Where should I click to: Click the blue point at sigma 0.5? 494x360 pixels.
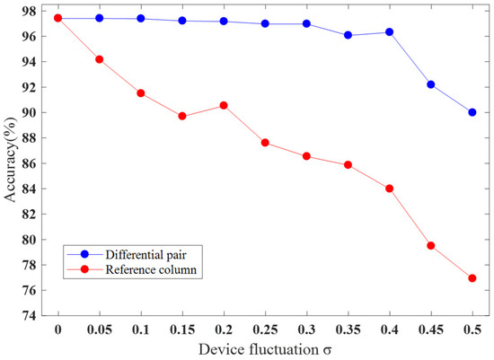(x=472, y=112)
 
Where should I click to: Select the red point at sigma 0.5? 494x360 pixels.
(x=472, y=278)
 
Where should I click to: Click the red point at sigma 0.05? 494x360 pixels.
(x=99, y=59)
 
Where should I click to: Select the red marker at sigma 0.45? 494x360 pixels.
(x=430, y=245)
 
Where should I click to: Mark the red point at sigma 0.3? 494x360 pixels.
(x=306, y=156)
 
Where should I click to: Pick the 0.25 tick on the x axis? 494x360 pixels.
(x=265, y=329)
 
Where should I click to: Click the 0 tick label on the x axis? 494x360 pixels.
(x=57, y=329)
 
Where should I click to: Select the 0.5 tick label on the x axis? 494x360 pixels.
(x=472, y=329)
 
